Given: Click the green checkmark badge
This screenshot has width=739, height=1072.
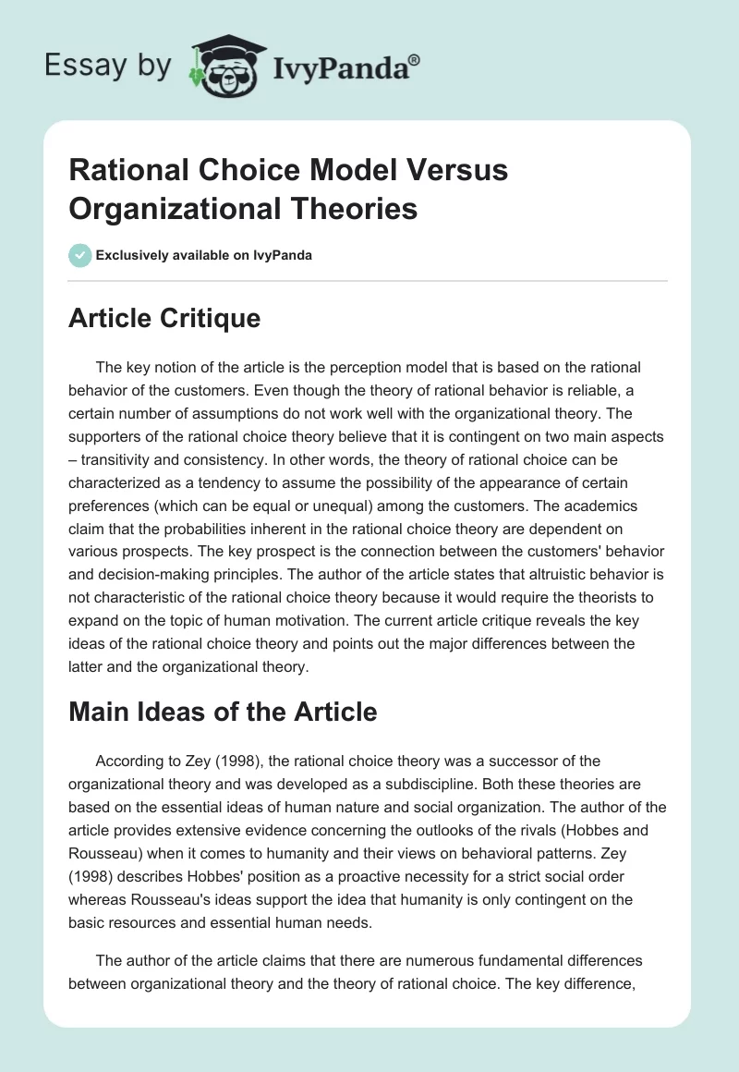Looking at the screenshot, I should coord(79,255).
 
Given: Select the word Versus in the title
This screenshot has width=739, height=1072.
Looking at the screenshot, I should coord(451,170).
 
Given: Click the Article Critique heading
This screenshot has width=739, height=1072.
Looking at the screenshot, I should coord(164,318).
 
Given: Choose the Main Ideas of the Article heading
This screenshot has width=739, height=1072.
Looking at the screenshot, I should coord(223,712).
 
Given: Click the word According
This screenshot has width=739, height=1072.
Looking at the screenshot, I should coord(130,761).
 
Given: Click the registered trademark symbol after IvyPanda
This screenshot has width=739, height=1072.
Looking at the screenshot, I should coord(415,58).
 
